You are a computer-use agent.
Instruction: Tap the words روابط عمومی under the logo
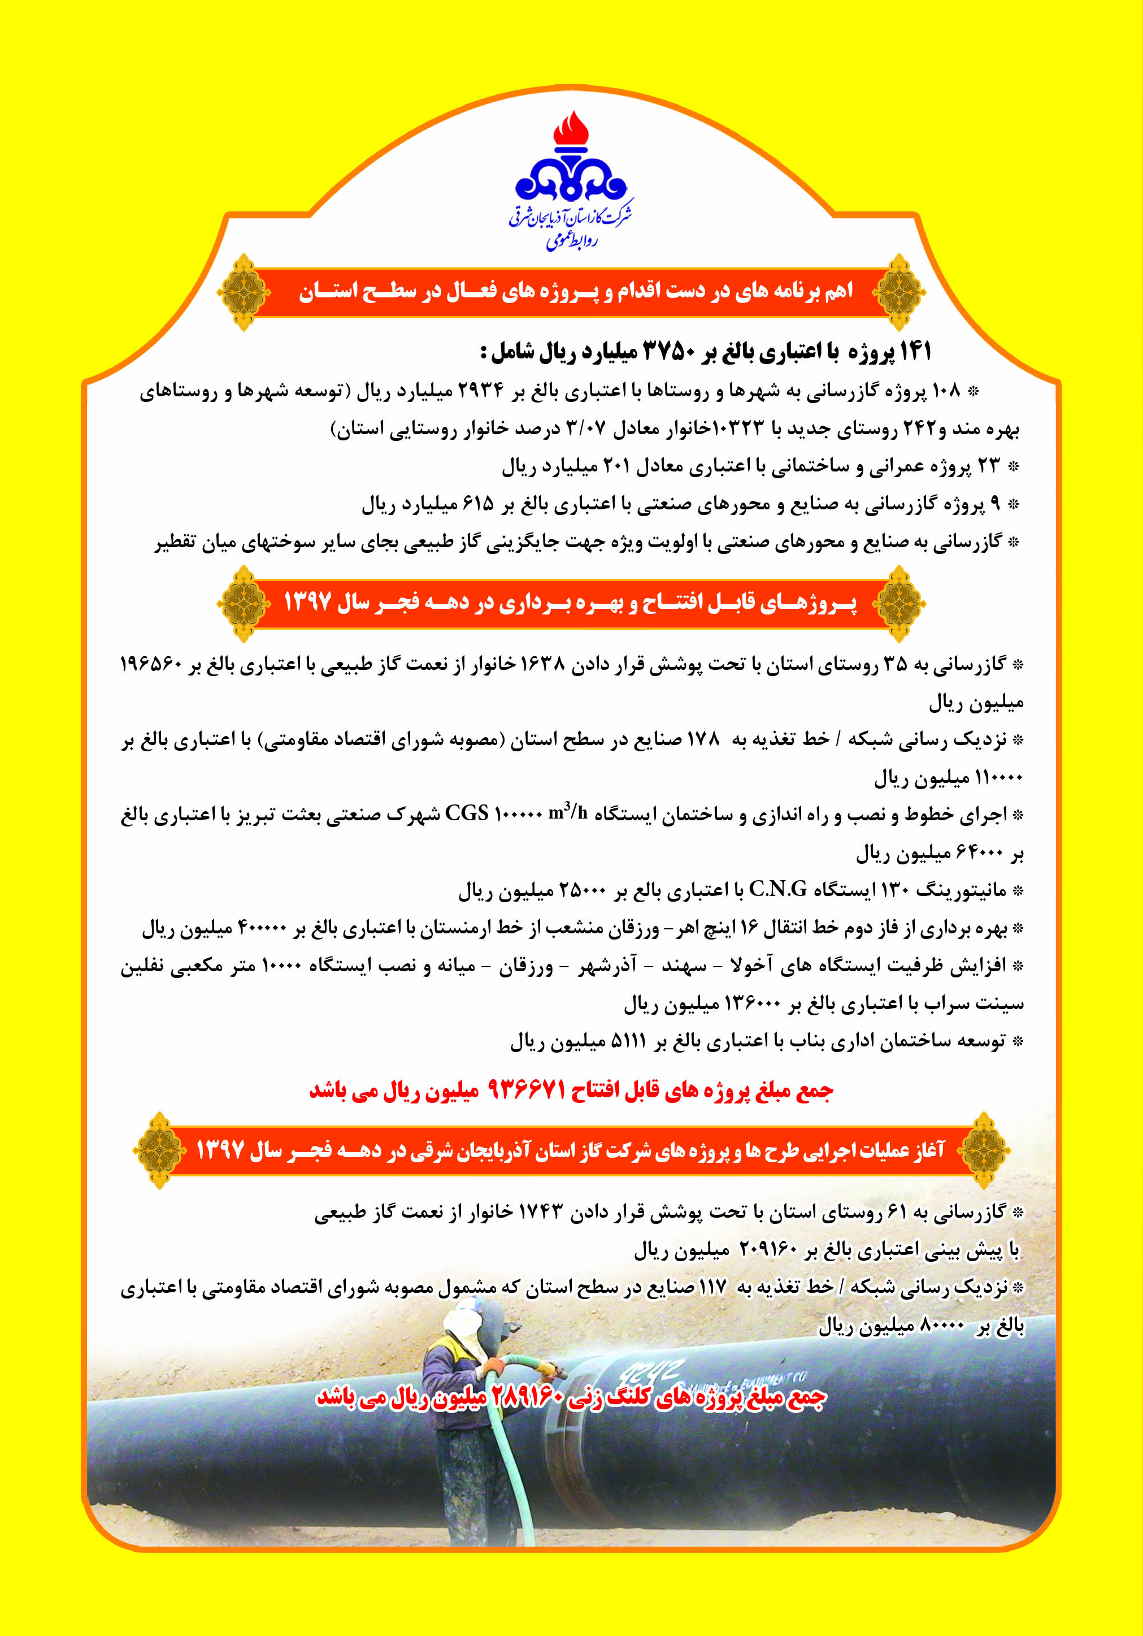click(x=571, y=241)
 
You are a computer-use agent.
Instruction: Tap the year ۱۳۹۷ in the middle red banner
click(x=308, y=602)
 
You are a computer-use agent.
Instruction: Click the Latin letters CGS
click(x=467, y=813)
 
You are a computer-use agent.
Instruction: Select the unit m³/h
click(x=568, y=812)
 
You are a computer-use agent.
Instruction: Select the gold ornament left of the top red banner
click(x=244, y=292)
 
